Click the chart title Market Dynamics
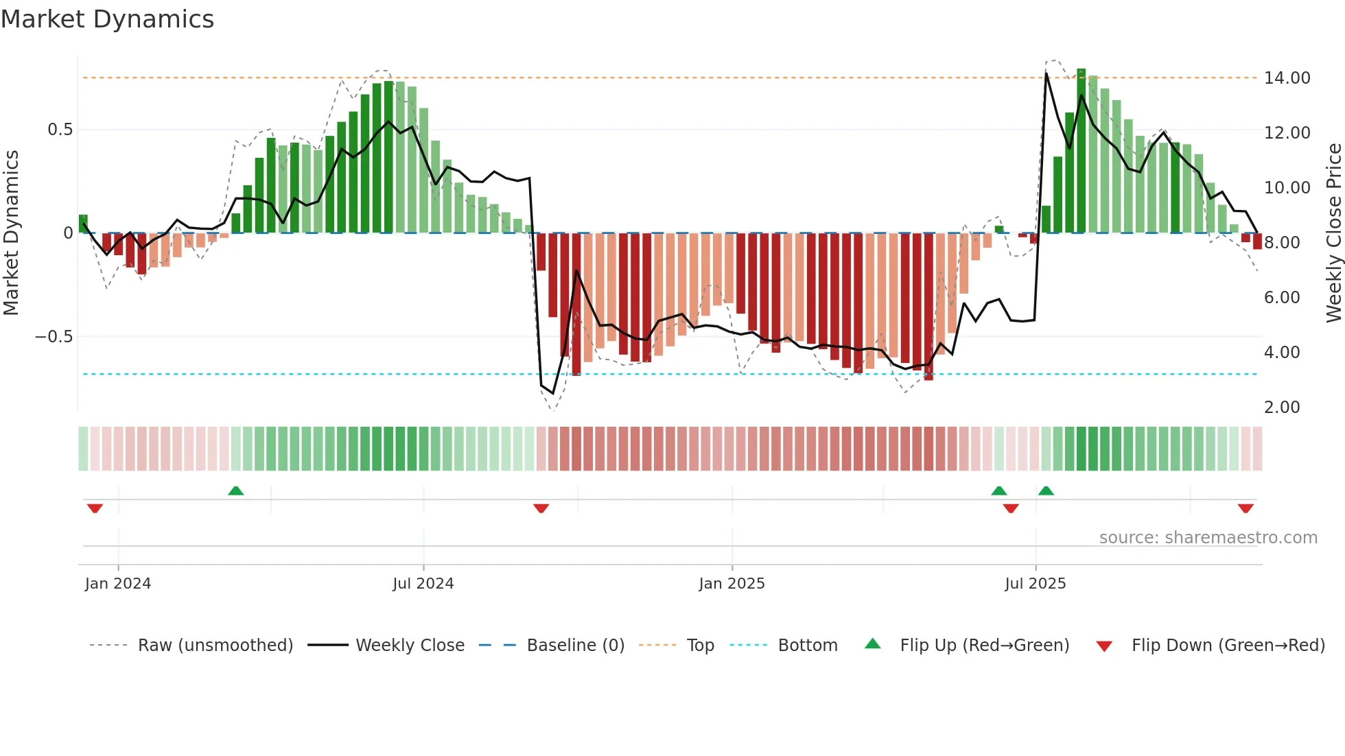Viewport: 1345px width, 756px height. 108,19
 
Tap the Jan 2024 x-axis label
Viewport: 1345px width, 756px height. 118,584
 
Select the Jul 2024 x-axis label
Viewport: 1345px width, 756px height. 423,584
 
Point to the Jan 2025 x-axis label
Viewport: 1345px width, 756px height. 732,584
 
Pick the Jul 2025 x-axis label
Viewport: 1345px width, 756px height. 1036,584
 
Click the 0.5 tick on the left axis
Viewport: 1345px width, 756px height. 60,130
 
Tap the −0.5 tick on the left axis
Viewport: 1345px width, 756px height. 54,337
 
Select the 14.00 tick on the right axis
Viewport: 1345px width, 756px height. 1287,78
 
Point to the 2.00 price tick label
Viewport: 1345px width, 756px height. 1282,407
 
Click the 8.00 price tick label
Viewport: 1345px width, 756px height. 1282,243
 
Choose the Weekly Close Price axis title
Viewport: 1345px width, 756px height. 1334,233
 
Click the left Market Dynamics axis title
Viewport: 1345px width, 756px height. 11,233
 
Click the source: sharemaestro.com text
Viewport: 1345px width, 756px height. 1208,538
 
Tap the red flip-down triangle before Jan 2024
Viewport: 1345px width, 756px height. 95,508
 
